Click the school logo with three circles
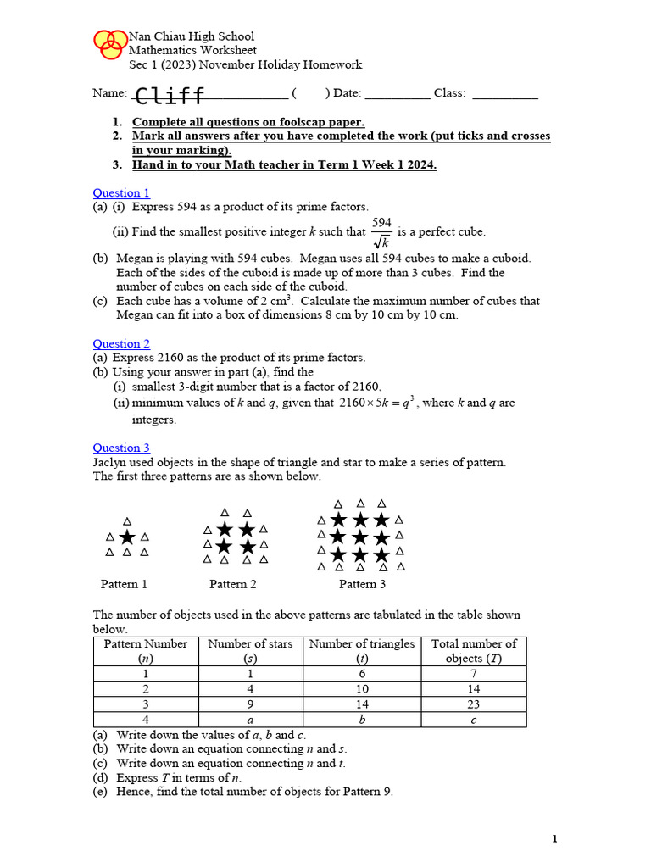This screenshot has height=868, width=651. coord(108,44)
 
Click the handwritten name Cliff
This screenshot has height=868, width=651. coord(170,95)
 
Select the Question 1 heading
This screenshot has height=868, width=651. coord(121,193)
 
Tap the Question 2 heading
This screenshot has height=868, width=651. coord(121,344)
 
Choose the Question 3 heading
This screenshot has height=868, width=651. coord(121,448)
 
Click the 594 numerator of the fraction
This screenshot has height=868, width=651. coord(381,223)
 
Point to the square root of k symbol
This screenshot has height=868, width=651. coord(381,242)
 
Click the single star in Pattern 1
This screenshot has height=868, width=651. coord(127,537)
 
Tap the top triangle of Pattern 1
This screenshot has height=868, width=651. coord(127,520)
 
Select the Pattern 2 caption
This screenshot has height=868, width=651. coord(233,584)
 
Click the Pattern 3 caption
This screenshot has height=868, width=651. coord(362,584)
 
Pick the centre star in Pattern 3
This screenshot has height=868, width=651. coord(360,537)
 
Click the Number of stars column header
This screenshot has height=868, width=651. coord(250,650)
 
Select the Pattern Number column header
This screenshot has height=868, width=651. coord(145,650)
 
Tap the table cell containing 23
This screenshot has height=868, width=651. coord(473,704)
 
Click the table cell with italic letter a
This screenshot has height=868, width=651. coord(250,720)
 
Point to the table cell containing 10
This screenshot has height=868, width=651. coord(362,689)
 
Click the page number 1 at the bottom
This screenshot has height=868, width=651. coord(554,839)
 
